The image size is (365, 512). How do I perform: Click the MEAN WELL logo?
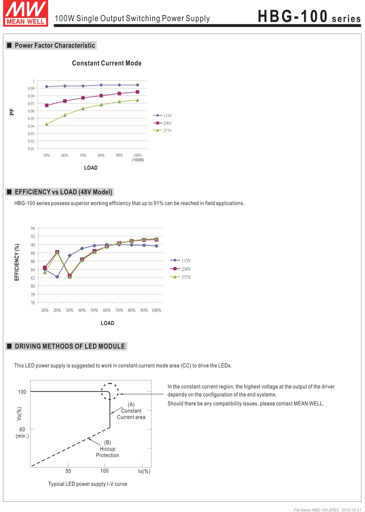(x=26, y=14)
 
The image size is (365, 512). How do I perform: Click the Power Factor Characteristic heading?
(x=55, y=45)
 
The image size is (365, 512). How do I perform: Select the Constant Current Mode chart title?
(x=107, y=63)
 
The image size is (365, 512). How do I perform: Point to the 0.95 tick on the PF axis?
(x=31, y=119)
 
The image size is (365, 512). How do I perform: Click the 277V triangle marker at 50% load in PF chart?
(x=47, y=124)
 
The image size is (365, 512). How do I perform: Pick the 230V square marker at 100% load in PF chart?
(x=137, y=92)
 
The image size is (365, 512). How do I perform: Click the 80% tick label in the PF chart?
(x=101, y=156)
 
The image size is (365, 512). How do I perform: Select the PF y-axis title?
(x=12, y=112)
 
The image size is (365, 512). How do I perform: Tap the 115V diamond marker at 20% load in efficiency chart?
(x=57, y=277)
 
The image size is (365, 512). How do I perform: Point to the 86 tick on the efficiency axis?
(x=33, y=261)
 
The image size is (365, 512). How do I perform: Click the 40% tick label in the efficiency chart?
(x=82, y=310)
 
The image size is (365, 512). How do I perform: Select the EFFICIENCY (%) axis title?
(x=16, y=262)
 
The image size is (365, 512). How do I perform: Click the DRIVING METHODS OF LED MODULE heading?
(x=70, y=346)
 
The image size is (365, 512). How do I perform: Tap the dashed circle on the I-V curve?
(x=110, y=391)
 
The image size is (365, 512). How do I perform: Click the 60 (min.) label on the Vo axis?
(x=22, y=432)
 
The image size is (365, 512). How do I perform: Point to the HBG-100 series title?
(x=309, y=17)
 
